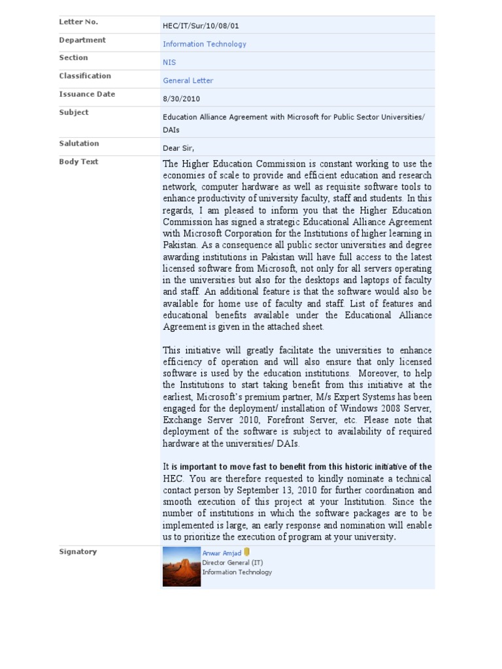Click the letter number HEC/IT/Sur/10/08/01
pyautogui.click(x=201, y=26)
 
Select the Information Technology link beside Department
pyautogui.click(x=205, y=44)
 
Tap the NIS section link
pyautogui.click(x=169, y=63)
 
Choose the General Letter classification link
pyautogui.click(x=188, y=81)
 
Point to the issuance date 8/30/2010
pyautogui.click(x=182, y=99)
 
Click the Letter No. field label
pyautogui.click(x=78, y=22)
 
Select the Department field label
pyautogui.click(x=82, y=41)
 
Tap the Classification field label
pyautogui.click(x=85, y=76)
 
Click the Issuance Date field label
pyautogui.click(x=87, y=95)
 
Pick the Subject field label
pyautogui.click(x=74, y=113)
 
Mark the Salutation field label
pyautogui.click(x=79, y=144)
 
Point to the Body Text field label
pyautogui.click(x=78, y=162)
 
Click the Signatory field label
pyautogui.click(x=78, y=552)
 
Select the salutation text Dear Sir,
pyautogui.click(x=178, y=148)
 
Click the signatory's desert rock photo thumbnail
pyautogui.click(x=181, y=566)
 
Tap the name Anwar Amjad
pyautogui.click(x=222, y=553)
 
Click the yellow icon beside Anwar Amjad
pyautogui.click(x=246, y=552)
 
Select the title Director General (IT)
pyautogui.click(x=233, y=563)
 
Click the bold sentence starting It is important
pyautogui.click(x=297, y=467)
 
